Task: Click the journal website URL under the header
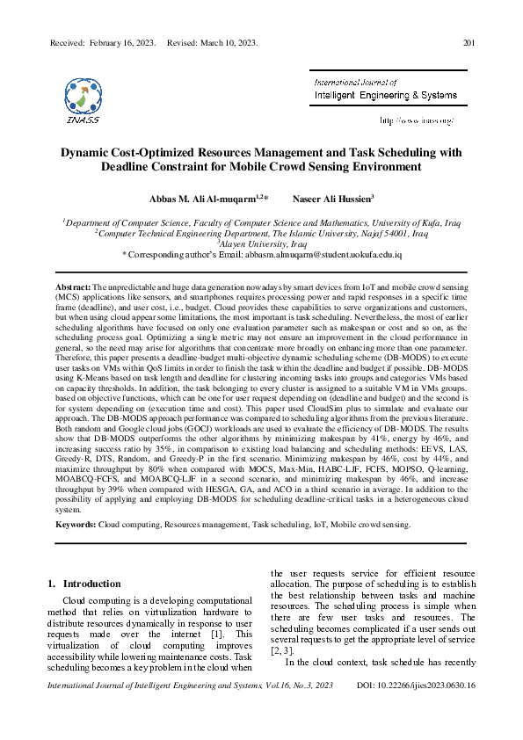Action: click(417, 120)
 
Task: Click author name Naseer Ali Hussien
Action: click(335, 199)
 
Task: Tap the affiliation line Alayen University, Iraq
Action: click(260, 243)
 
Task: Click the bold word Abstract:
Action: click(73, 287)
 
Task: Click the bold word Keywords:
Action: click(76, 524)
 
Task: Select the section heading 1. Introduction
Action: click(84, 584)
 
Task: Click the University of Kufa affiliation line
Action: click(260, 223)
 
